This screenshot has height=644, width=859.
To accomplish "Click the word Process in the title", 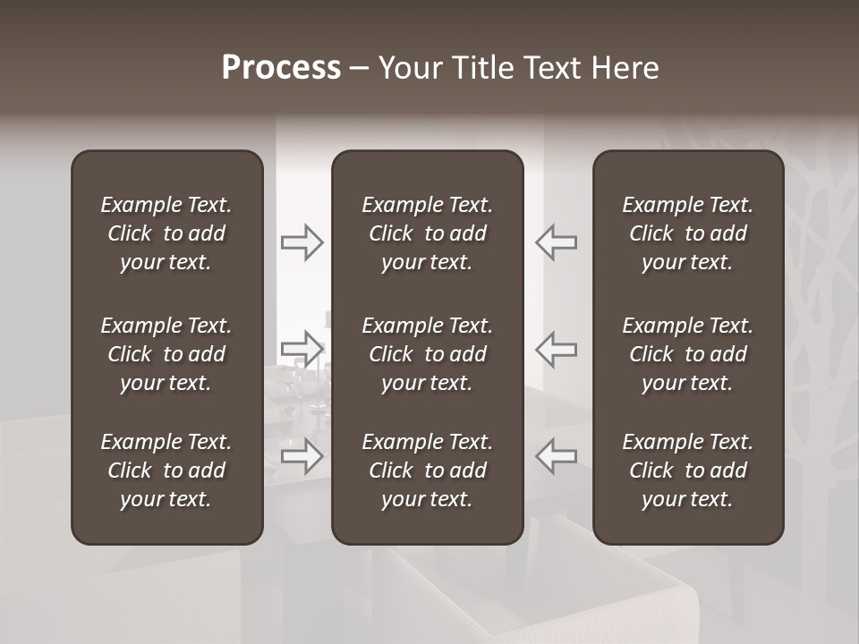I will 281,68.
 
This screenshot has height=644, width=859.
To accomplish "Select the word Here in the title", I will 625,68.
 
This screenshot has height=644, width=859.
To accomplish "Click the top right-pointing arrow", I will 302,242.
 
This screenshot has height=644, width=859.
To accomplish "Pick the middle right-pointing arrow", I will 302,348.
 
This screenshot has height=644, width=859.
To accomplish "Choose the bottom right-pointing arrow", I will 302,455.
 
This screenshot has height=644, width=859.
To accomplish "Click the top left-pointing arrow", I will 557,242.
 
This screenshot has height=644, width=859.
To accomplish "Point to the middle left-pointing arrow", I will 557,348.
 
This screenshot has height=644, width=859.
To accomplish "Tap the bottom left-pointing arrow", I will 557,455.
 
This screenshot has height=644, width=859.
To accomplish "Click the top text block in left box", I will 166,233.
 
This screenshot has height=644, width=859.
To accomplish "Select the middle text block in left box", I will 166,354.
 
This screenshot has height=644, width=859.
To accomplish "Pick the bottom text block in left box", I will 166,470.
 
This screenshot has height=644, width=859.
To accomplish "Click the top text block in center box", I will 427,233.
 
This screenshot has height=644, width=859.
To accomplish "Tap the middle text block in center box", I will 427,354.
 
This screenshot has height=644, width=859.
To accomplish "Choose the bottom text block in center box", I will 427,470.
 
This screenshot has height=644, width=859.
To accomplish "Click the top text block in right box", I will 687,233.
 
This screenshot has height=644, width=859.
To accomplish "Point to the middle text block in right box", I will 687,354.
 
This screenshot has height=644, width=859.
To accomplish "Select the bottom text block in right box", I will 687,470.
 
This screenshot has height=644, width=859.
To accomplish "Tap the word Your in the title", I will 410,68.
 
